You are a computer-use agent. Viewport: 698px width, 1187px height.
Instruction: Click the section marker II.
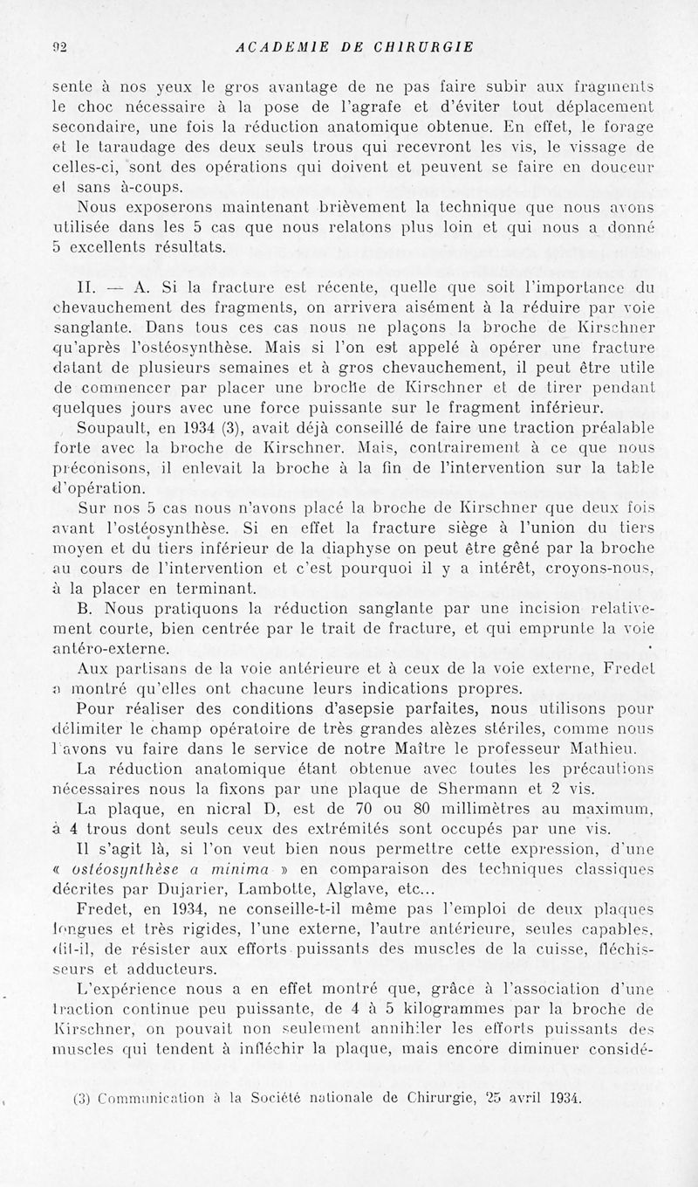[87, 283]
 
